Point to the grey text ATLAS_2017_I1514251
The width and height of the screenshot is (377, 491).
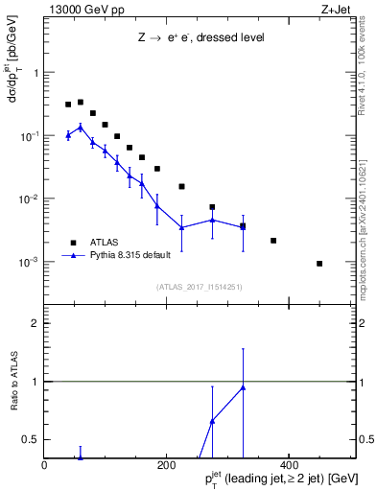[x=200, y=287]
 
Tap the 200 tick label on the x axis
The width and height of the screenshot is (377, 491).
[x=166, y=465]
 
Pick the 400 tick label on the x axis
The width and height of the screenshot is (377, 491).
[x=289, y=465]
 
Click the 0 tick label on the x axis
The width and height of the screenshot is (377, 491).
[x=44, y=465]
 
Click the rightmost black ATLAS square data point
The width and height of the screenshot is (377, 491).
[x=319, y=263]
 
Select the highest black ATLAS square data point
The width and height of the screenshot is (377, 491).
[x=81, y=102]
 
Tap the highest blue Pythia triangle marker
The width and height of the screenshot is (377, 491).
[x=81, y=127]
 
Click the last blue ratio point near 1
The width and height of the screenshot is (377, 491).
[x=243, y=387]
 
